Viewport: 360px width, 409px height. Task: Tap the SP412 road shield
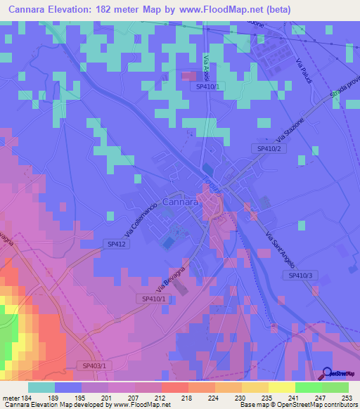coord(117,243)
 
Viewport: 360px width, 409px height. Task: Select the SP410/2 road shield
coord(268,149)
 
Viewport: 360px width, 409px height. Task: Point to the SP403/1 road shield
coord(94,366)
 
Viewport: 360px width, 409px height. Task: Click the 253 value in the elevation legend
coord(347,397)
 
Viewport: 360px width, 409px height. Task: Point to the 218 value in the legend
coord(186,397)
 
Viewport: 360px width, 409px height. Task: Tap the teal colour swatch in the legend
coord(41,387)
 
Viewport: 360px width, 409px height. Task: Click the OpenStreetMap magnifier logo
coord(328,374)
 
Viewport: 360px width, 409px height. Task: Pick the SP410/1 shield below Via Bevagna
coord(152,299)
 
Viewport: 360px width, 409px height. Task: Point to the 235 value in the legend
coord(266,397)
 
